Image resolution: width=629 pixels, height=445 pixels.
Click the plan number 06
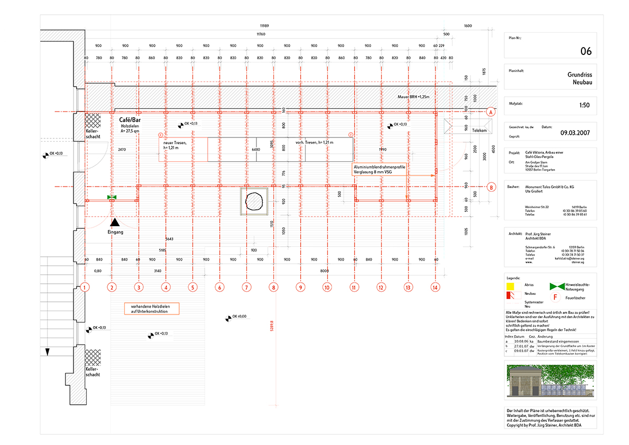coord(586,51)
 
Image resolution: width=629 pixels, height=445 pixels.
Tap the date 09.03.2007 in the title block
coord(576,132)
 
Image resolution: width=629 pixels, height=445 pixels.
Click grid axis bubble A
coord(491,112)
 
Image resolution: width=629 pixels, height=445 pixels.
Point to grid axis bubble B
coord(491,187)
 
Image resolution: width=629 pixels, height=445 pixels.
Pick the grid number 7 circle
coord(246,288)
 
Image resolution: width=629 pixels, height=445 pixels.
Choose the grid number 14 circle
coord(435,288)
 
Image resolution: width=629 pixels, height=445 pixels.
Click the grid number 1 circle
coord(85,288)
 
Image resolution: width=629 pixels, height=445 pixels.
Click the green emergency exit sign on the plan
coord(112,197)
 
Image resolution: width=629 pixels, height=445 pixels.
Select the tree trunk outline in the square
coord(256,201)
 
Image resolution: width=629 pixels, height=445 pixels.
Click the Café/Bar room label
coord(129,120)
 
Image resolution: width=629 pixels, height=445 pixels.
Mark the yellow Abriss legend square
coord(512,286)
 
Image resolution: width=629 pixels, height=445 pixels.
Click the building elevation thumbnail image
coord(550,381)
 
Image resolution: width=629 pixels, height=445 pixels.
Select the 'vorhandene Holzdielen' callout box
coord(151,309)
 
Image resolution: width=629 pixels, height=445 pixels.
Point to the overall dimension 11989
coord(265,26)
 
